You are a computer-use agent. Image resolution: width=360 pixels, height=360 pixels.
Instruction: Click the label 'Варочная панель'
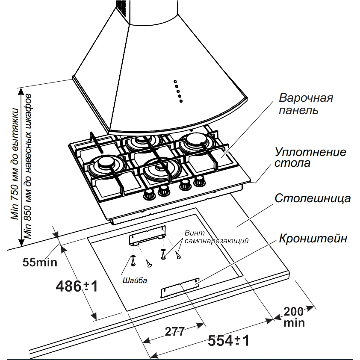point(306,104)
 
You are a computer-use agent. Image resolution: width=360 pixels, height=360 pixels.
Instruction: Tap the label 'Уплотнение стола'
point(310,157)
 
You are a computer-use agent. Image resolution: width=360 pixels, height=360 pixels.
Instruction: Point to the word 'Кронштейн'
point(313,239)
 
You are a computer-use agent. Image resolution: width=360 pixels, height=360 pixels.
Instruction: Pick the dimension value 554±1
point(228,341)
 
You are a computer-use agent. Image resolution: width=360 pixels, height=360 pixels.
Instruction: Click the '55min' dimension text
point(40,262)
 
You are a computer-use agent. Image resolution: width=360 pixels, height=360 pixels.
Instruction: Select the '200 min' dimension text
point(294,316)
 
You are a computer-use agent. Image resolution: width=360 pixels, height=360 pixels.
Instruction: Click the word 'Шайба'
point(134,280)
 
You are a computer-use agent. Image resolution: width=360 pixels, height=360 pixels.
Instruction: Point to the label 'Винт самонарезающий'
point(216,237)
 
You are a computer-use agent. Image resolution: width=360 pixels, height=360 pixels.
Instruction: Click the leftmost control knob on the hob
point(150,194)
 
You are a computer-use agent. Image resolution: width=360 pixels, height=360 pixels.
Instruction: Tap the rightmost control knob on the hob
point(198,182)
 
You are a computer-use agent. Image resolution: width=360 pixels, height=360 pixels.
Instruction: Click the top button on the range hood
point(175,81)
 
